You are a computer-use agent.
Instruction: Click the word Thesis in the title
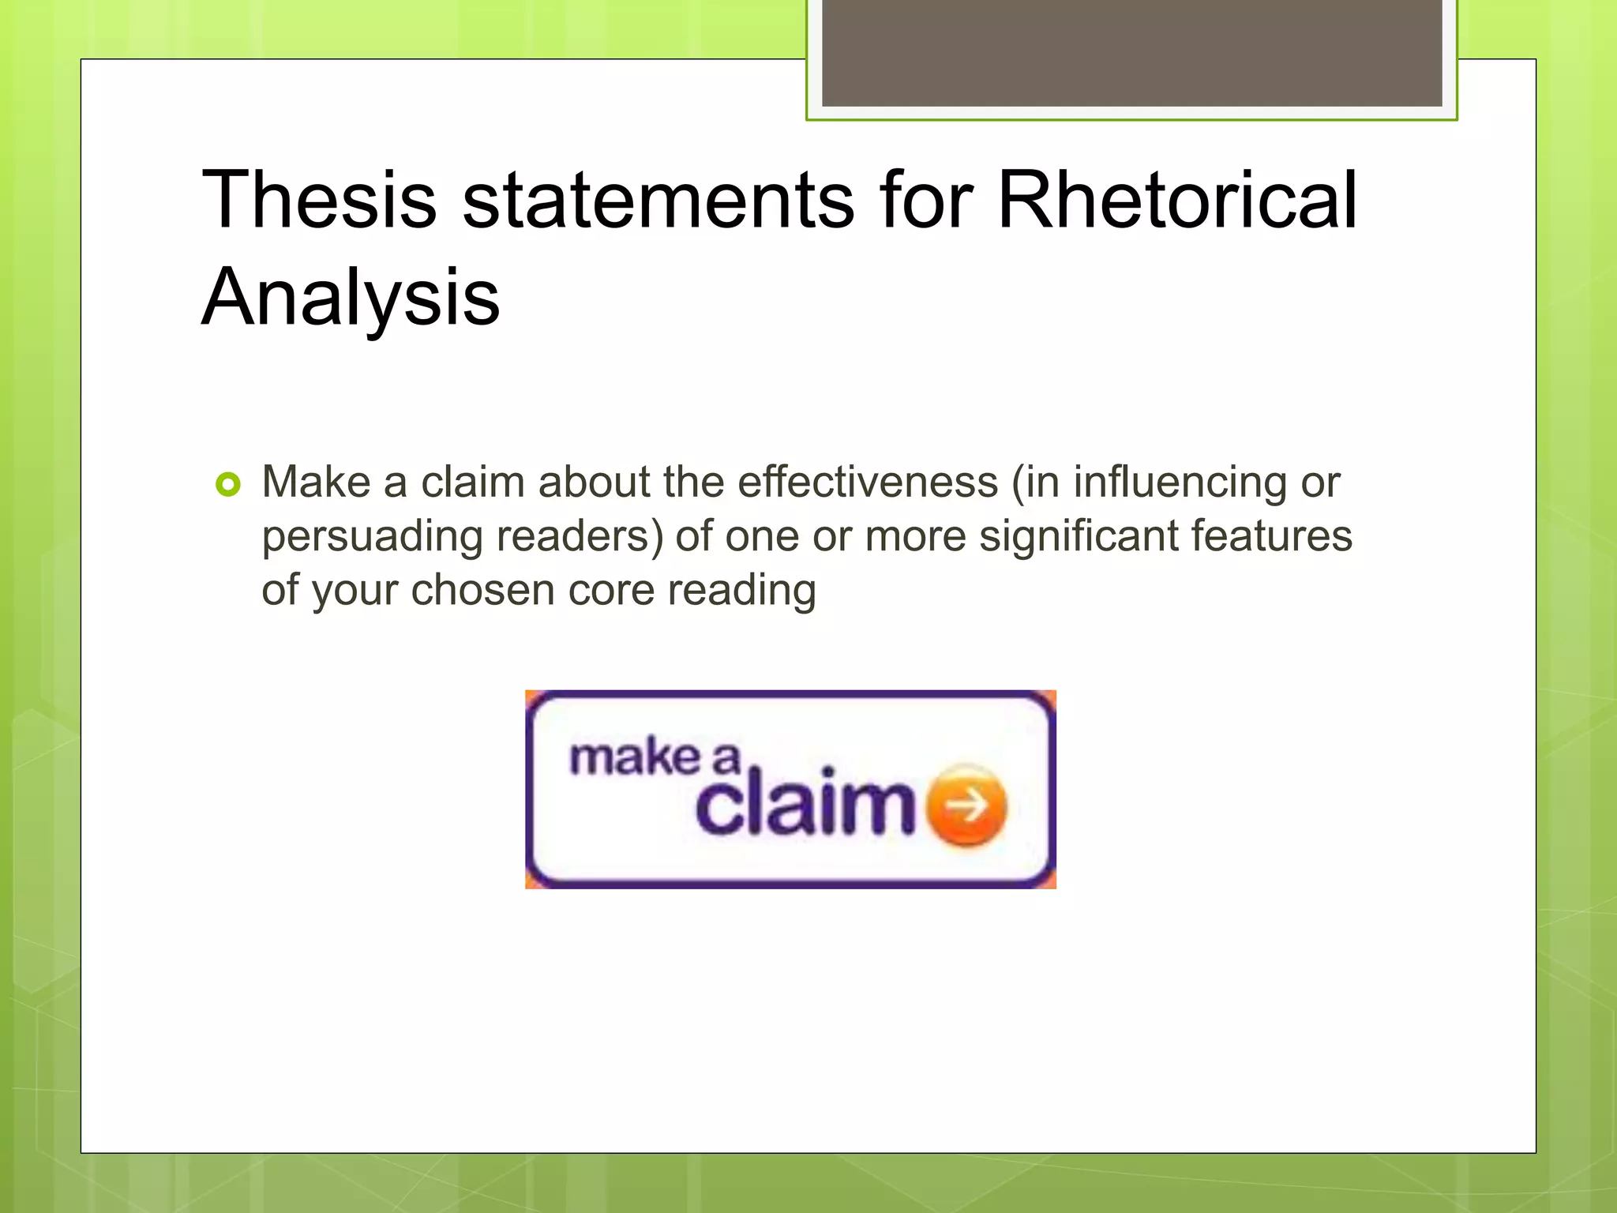pyautogui.click(x=319, y=201)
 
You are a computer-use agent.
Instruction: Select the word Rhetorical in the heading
pyautogui.click(x=1176, y=201)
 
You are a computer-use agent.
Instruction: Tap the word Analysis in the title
pyautogui.click(x=351, y=298)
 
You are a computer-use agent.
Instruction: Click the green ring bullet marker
pyautogui.click(x=227, y=484)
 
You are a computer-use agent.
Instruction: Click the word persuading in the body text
pyautogui.click(x=372, y=537)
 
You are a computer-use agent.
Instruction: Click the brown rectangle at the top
pyautogui.click(x=1131, y=52)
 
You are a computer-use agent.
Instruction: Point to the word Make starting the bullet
pyautogui.click(x=316, y=482)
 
